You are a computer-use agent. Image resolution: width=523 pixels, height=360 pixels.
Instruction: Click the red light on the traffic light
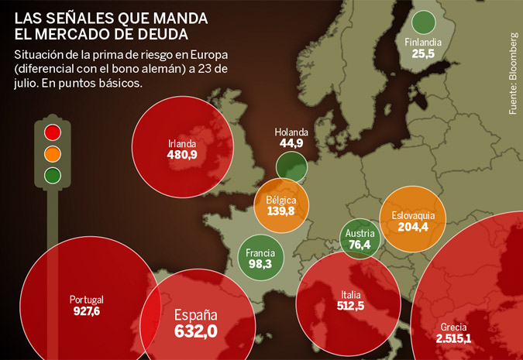coord(53,132)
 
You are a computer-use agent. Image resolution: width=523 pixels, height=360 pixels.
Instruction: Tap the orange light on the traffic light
coord(53,153)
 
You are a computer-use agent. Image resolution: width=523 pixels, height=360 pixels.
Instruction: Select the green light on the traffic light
coord(53,174)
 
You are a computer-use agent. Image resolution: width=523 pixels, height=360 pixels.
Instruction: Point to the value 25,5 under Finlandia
coord(423,54)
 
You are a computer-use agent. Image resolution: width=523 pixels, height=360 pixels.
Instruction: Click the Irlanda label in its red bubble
coord(182,143)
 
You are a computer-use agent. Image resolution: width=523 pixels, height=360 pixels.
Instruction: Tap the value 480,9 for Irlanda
coord(182,155)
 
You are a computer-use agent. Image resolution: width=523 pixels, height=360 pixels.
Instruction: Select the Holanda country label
coord(291,132)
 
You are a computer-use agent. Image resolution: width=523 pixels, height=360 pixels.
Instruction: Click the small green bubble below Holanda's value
coord(291,166)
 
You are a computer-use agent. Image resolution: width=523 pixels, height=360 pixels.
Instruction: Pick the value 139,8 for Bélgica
coord(280,211)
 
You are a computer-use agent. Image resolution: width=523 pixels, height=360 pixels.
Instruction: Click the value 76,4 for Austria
coord(360,245)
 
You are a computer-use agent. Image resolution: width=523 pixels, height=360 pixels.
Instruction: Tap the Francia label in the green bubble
coord(260,253)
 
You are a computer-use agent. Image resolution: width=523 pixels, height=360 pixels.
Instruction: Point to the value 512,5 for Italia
coord(350,307)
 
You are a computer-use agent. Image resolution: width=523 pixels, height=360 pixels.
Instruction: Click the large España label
coord(195,316)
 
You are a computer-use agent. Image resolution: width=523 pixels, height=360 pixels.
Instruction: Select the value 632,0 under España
coord(195,332)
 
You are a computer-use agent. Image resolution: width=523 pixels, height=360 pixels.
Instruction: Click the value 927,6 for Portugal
coord(86,311)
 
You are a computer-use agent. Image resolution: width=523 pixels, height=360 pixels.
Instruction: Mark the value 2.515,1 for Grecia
coord(453,339)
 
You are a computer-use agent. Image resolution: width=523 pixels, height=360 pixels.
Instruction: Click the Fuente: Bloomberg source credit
coord(512,74)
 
